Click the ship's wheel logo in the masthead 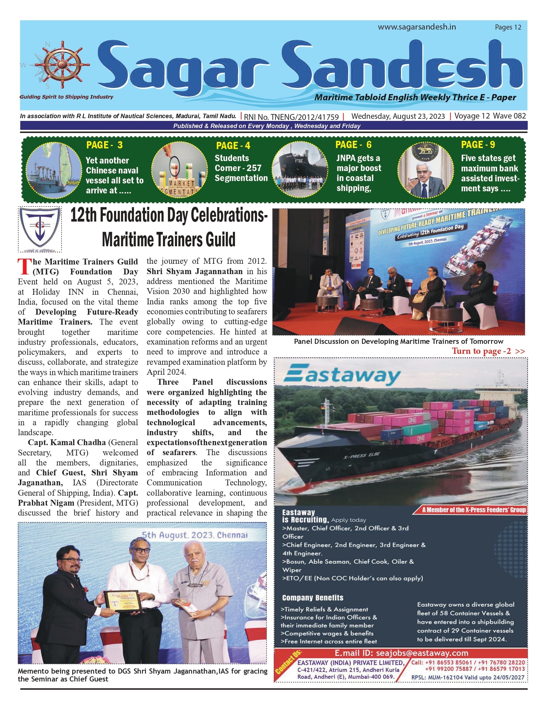point(62,65)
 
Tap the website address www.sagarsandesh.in point(417,27)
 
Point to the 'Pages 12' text point(508,27)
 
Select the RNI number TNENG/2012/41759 point(291,117)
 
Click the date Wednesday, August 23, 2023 point(398,116)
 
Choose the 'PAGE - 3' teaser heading point(104,145)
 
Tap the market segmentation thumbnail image point(179,170)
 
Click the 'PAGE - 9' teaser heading point(478,145)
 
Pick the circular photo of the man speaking point(426,170)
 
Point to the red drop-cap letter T point(24,267)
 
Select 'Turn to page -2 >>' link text point(488,351)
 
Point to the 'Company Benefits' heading point(313,598)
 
